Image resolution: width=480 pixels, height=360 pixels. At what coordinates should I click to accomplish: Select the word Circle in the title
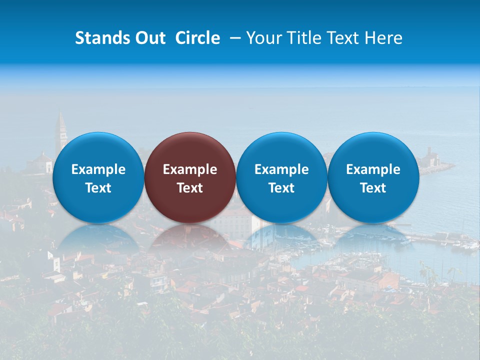point(197,38)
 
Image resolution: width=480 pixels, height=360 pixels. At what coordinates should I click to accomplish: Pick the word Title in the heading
point(299,38)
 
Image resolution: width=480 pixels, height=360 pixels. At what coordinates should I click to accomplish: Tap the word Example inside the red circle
point(190,169)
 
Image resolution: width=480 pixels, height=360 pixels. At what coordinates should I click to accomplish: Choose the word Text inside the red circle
point(190,188)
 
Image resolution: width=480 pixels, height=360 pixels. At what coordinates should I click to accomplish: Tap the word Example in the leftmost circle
point(98,169)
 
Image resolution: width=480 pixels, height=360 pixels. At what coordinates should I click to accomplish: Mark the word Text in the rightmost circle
point(373,188)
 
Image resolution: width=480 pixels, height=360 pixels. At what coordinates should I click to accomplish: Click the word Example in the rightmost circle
point(373,169)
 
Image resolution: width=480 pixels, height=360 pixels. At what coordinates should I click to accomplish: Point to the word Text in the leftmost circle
point(98,188)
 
